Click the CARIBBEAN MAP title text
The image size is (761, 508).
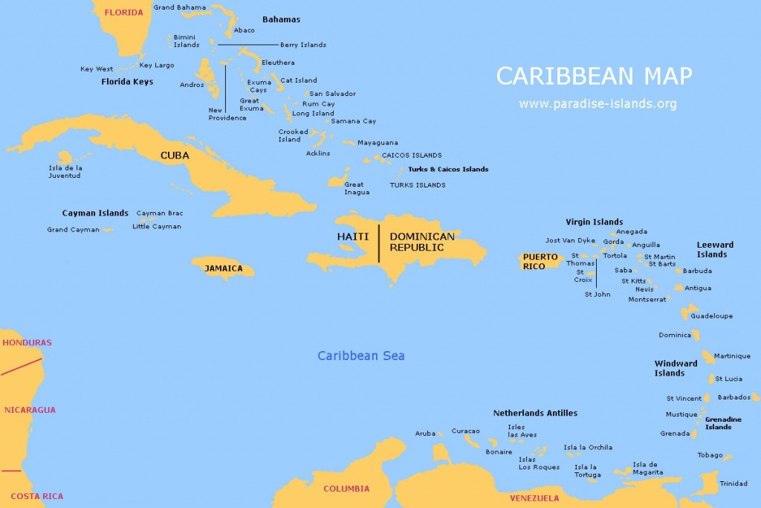point(594,76)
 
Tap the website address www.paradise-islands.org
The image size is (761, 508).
point(598,104)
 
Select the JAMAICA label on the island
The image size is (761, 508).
point(224,269)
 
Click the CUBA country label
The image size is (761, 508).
point(175,155)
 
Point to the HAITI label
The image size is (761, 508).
point(353,237)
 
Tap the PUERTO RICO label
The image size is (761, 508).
point(540,262)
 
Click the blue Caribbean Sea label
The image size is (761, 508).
point(361,356)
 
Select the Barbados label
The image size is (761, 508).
point(734,397)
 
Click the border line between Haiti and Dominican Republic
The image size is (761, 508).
point(379,242)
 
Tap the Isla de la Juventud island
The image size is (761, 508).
point(65,158)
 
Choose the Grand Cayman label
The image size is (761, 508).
point(73,230)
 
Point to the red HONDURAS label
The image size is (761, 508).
point(27,343)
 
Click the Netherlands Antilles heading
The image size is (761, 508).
point(535,413)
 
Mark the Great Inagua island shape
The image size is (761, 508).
point(338,181)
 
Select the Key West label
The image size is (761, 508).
point(97,69)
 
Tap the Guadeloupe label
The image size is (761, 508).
point(711,316)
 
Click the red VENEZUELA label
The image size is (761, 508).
point(534,498)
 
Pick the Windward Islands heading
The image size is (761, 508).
point(676,368)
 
